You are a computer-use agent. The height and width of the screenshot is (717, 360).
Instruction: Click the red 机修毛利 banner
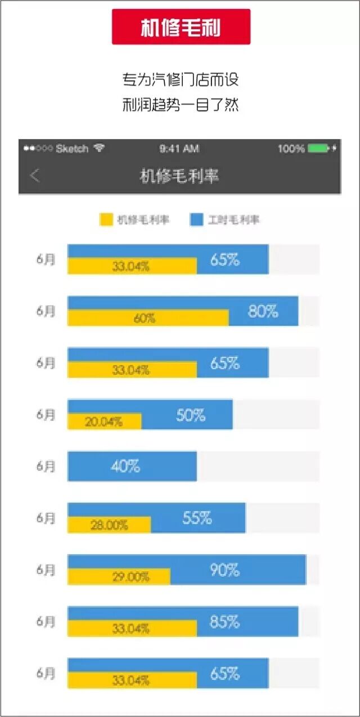coord(181,26)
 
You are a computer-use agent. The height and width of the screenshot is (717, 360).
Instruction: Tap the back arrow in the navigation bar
coord(35,176)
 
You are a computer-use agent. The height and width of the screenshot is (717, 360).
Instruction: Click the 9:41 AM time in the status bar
coord(179,149)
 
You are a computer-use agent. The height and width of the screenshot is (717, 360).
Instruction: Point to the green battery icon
coord(318,149)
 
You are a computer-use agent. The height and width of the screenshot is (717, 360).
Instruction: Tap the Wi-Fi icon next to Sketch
coord(100,148)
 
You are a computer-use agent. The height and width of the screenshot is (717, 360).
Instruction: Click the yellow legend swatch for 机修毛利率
coord(106,219)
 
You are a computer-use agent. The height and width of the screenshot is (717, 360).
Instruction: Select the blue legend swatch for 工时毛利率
coord(196,219)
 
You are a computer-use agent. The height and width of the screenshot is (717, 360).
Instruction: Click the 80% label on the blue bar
coord(263,311)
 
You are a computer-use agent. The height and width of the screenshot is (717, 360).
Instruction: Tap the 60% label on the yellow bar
coord(145,319)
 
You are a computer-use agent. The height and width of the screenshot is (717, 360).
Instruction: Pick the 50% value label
coord(191,415)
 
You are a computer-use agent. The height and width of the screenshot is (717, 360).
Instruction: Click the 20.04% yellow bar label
coord(103,422)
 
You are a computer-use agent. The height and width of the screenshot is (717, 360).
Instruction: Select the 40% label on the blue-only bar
coord(125,467)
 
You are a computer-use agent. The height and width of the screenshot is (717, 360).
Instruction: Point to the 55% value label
coord(197,518)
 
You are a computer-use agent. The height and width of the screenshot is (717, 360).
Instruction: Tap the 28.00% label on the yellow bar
coord(109,526)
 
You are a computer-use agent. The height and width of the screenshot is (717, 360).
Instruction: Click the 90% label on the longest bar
coord(225,570)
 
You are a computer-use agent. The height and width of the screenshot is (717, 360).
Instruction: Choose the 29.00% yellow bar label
coord(130,577)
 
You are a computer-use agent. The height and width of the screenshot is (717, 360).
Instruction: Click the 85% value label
coord(225,622)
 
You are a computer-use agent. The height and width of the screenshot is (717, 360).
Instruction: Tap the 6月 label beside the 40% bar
coord(46,467)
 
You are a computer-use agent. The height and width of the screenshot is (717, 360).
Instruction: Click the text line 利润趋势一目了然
coord(181,105)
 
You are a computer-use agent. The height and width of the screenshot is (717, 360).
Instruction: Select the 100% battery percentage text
coord(291,149)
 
